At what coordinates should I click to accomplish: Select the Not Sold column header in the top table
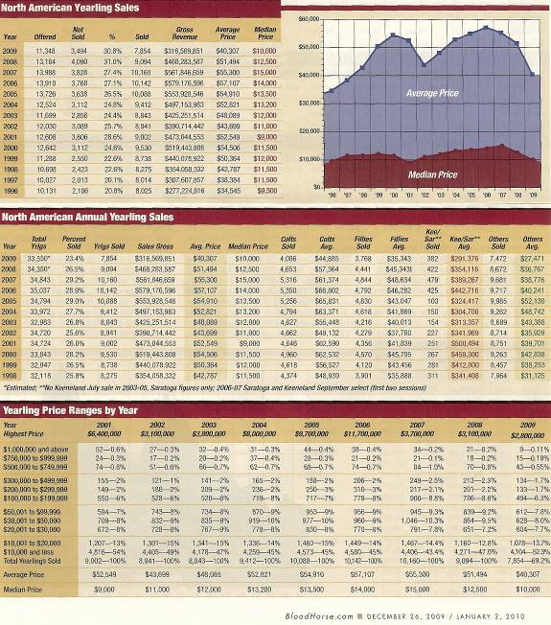tap(82, 33)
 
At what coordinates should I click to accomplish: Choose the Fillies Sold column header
tap(364, 243)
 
